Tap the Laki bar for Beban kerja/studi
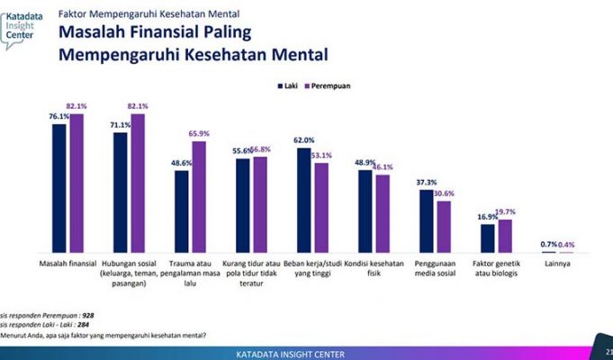point(304,200)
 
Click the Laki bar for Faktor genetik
point(487,238)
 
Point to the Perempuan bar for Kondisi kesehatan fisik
point(382,213)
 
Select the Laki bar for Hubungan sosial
point(120,192)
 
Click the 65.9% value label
point(198,133)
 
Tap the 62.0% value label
point(303,139)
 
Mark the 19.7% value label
point(507,211)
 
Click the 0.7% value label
point(546,245)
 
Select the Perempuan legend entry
point(329,85)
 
